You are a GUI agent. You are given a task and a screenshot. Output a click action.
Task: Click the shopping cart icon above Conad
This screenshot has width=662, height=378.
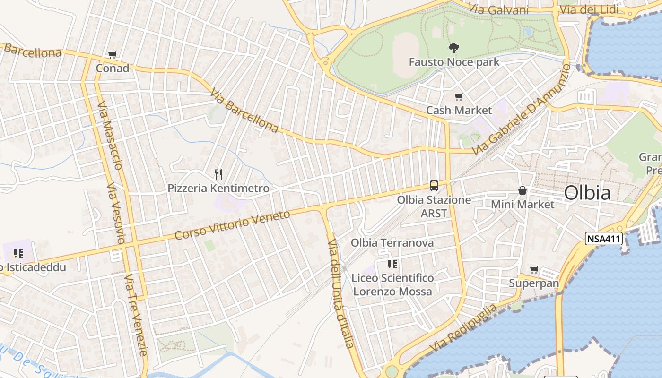112,55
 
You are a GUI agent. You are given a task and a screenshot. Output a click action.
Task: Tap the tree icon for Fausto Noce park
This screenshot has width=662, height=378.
453,48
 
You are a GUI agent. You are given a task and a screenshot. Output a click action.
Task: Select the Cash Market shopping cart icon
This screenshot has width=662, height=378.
459,97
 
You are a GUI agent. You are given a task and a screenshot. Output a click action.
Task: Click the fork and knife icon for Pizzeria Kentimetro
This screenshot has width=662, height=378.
218,174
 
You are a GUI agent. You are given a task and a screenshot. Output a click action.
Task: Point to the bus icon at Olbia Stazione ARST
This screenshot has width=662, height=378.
434,186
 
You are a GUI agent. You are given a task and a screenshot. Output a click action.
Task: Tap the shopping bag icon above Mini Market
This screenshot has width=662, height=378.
523,190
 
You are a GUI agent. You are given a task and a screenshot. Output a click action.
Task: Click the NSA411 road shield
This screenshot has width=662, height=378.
603,239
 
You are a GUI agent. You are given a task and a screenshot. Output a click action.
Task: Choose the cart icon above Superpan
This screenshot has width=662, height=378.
534,270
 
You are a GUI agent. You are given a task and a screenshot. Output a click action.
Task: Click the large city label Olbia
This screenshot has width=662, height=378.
587,193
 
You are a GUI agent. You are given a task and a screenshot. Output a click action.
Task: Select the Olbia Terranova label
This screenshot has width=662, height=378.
392,243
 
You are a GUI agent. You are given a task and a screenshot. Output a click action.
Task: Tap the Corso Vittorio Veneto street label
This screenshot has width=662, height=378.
232,224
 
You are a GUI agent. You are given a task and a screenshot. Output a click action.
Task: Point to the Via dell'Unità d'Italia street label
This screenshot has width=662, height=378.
341,293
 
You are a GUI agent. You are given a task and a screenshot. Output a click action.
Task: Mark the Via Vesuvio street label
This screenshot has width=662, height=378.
115,213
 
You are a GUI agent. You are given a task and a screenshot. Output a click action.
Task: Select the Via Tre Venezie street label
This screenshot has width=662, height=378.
136,314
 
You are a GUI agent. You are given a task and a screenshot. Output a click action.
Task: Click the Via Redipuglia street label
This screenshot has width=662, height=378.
463,328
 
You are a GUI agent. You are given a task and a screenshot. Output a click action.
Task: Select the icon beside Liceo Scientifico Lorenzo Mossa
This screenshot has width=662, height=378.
392,264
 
